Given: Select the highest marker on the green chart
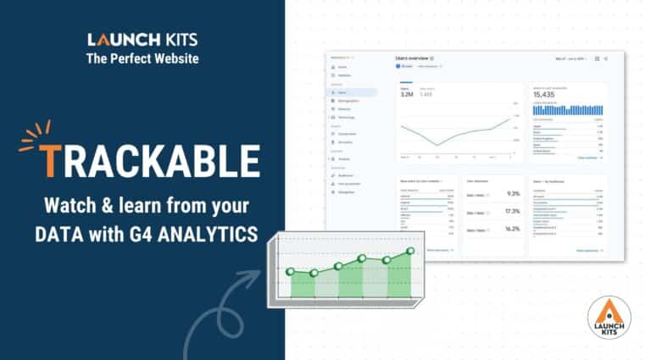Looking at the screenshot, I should point(410,251).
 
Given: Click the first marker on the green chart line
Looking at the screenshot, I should point(291,271).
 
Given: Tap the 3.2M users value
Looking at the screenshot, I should point(408,95).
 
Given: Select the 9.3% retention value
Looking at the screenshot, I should point(511,193).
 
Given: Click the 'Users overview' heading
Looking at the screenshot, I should point(412,58).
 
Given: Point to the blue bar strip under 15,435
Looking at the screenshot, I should point(568,110).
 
